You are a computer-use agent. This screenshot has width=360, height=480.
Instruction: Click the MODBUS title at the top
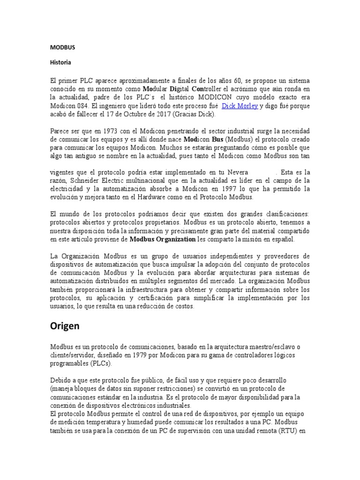coord(62,47)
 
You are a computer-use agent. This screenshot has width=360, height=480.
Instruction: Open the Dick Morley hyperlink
coord(240,106)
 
